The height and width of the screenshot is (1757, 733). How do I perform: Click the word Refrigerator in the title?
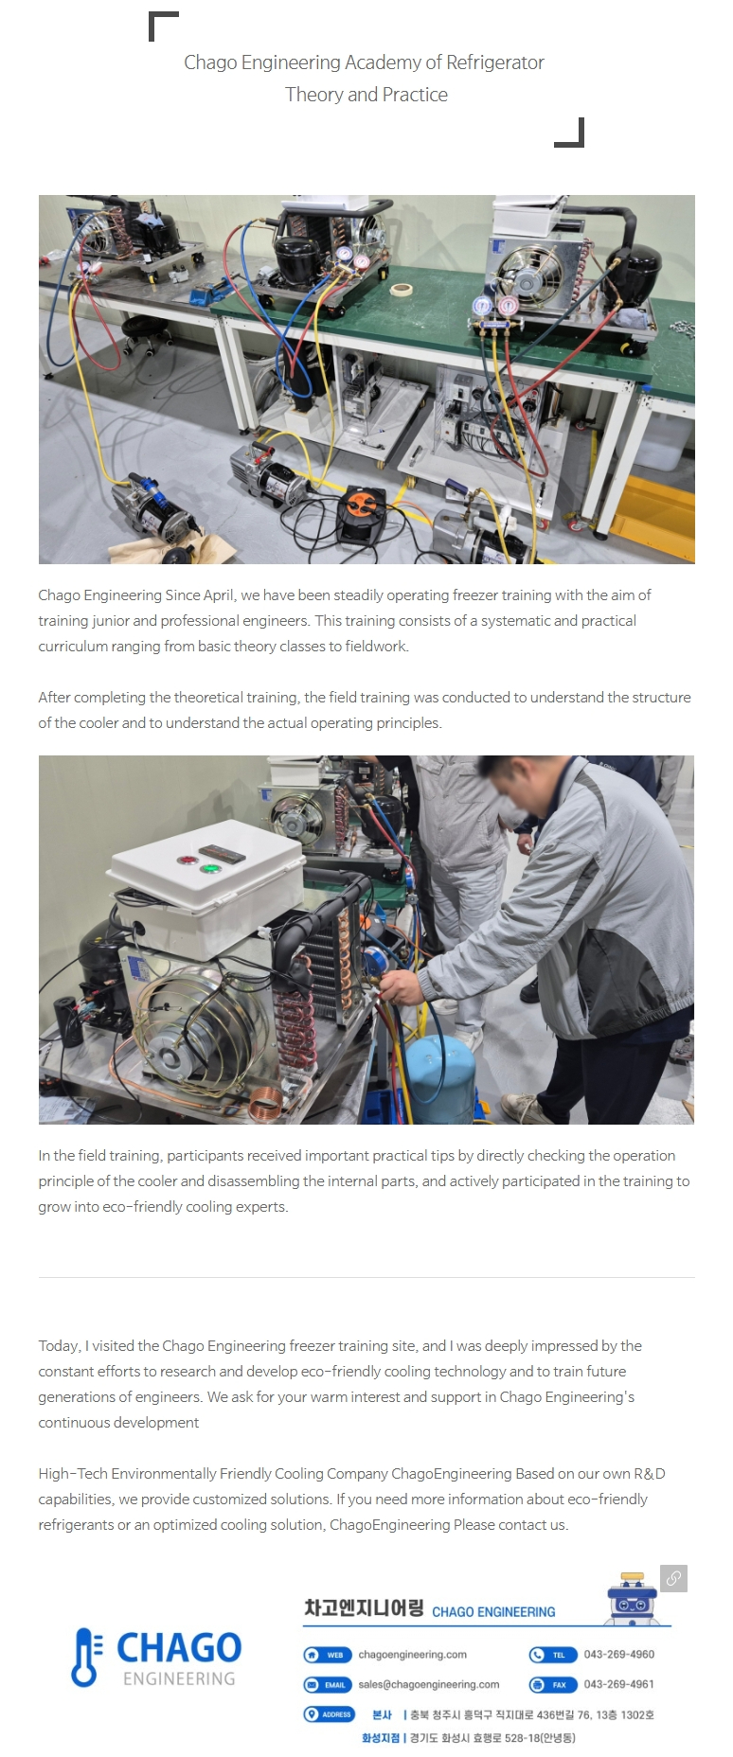494,62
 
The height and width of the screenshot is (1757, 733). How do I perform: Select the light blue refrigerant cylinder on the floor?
440,1079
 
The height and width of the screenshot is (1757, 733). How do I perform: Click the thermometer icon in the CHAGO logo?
85,1658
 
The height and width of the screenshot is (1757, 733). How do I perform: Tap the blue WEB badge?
328,1655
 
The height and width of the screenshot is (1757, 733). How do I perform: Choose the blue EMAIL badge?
328,1685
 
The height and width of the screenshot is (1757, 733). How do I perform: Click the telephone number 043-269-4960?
619,1655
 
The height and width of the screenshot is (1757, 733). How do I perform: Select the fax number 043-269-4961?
619,1684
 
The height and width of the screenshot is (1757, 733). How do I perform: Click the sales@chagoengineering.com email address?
429,1685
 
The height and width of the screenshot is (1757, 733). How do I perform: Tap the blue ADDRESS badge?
329,1714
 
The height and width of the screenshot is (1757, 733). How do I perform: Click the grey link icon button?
673,1578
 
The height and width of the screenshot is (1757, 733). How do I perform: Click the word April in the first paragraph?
218,595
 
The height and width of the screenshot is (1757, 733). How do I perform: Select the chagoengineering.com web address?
413,1655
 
